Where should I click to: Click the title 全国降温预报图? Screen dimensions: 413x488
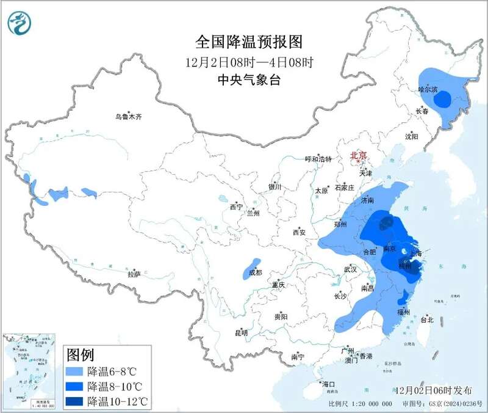(248, 42)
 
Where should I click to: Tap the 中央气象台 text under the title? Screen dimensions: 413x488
(248, 80)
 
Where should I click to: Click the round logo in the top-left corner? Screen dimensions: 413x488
(19, 23)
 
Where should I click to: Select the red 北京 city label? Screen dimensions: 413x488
(358, 156)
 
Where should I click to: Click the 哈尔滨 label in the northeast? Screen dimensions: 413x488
(428, 89)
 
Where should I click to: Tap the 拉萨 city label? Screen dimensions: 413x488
(134, 274)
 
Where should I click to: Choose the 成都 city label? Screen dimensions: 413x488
(256, 272)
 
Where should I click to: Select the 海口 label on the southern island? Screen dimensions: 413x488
(329, 384)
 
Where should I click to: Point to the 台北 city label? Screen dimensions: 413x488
(426, 320)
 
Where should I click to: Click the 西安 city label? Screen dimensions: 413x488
(298, 232)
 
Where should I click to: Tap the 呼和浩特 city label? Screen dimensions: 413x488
(318, 159)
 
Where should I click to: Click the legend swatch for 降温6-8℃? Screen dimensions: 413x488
(75, 371)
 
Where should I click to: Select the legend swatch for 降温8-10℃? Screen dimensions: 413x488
(75, 386)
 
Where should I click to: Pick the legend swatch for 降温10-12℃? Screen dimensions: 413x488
(75, 401)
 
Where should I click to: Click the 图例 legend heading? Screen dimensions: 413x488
(79, 355)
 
